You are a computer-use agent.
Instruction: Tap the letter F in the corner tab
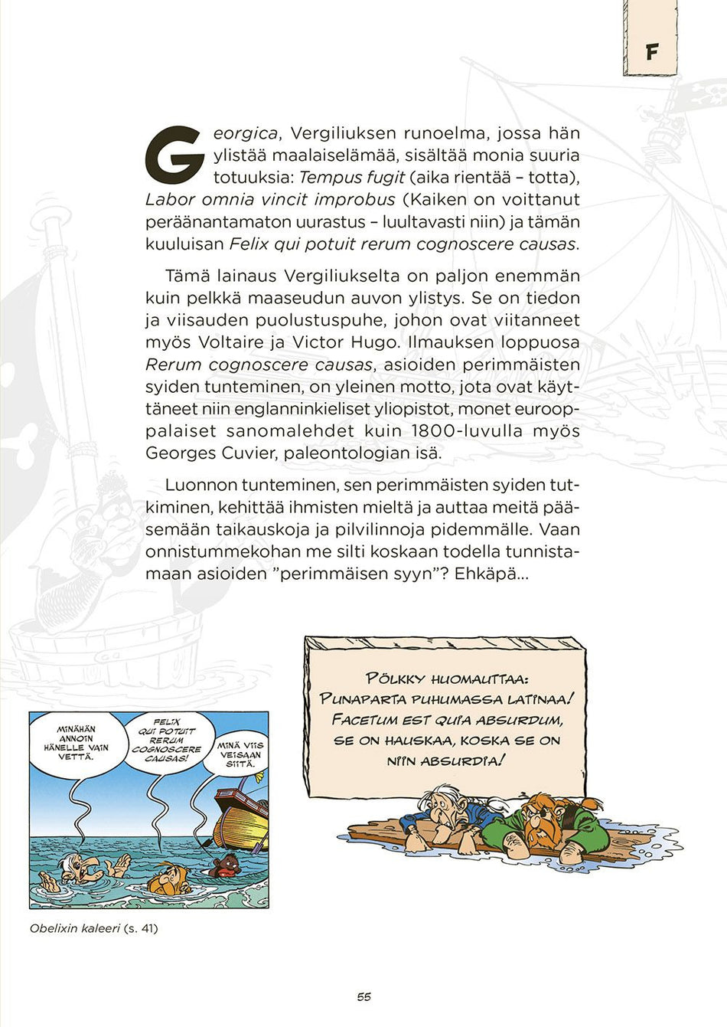[651, 52]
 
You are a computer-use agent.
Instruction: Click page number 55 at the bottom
[363, 996]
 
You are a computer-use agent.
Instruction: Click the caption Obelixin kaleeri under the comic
[75, 928]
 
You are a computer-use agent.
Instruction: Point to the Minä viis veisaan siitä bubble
[241, 754]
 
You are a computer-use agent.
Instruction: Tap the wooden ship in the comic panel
[242, 817]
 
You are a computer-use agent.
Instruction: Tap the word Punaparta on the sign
[363, 699]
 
